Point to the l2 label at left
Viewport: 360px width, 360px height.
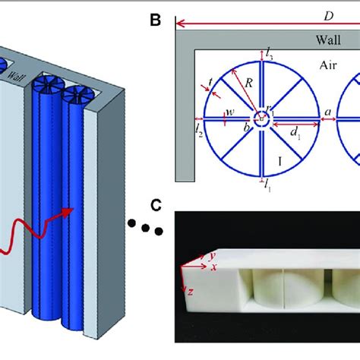click(198, 130)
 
